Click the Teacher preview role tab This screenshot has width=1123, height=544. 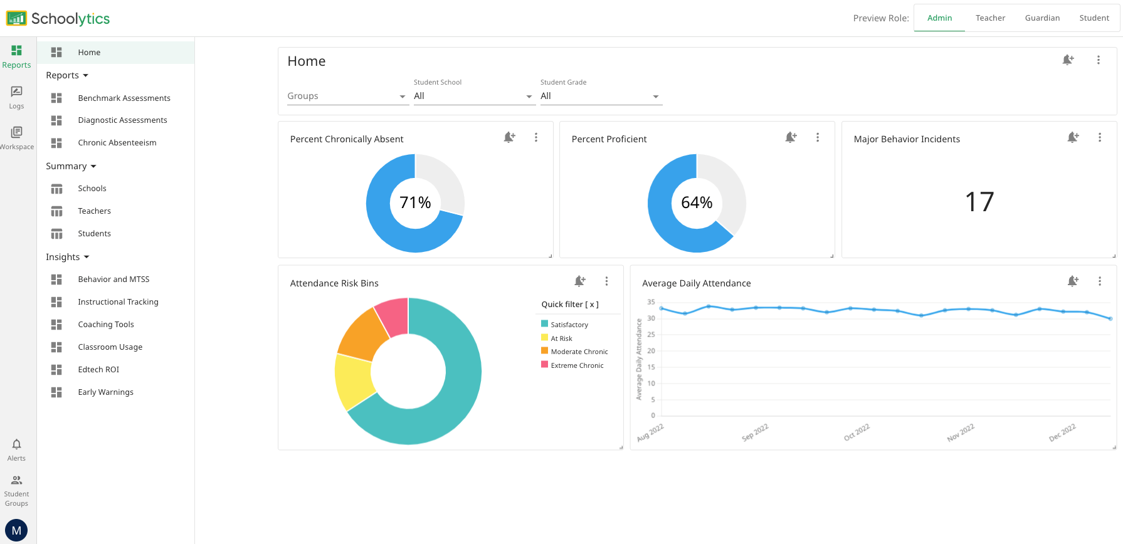click(990, 18)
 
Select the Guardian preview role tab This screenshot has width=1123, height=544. click(1042, 18)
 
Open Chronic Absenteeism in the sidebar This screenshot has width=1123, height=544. click(117, 143)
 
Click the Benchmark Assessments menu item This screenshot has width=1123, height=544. click(124, 98)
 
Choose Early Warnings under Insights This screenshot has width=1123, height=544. click(105, 392)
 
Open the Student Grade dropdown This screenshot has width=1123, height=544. click(600, 96)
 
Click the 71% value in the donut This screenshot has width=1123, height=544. click(415, 202)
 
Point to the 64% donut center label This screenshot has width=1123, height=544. click(697, 202)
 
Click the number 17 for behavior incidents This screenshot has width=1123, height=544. click(979, 202)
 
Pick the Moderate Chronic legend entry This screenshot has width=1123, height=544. click(579, 352)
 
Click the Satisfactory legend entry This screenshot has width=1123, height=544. click(569, 325)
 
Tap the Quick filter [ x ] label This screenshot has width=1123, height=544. click(570, 305)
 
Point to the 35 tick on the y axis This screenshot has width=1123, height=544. click(651, 302)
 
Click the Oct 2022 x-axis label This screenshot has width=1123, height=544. click(857, 432)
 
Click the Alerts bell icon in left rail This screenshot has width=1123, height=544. click(16, 444)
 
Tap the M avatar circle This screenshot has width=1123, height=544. click(16, 530)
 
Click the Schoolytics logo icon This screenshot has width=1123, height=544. click(16, 18)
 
